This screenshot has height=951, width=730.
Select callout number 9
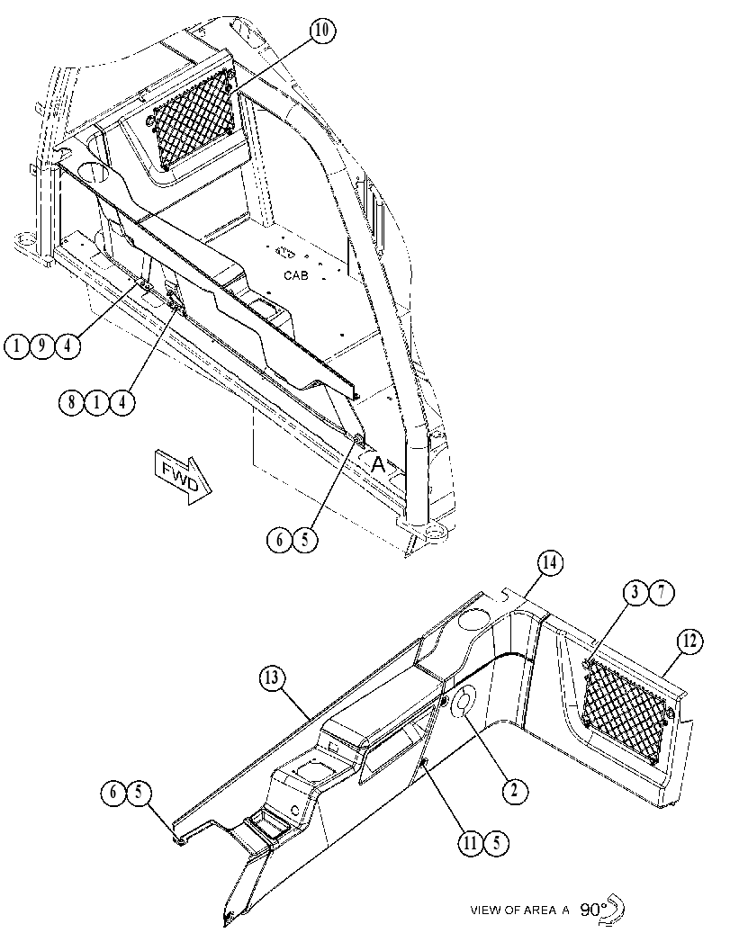(42, 345)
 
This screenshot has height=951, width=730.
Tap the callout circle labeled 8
(72, 402)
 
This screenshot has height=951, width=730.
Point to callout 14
(549, 563)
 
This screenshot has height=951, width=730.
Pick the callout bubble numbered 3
(635, 592)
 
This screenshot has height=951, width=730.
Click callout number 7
(662, 592)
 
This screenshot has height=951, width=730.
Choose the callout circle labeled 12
(689, 641)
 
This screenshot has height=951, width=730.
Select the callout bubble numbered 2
(515, 791)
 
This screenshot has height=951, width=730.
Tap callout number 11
(470, 844)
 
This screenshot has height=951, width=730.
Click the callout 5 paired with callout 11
(496, 844)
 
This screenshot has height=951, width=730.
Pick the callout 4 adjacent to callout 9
(68, 345)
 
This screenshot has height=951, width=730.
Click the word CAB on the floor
(296, 275)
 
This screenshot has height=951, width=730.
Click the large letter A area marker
(378, 464)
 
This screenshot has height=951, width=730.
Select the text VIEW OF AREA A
(519, 910)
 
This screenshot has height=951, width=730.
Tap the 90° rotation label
(593, 909)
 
